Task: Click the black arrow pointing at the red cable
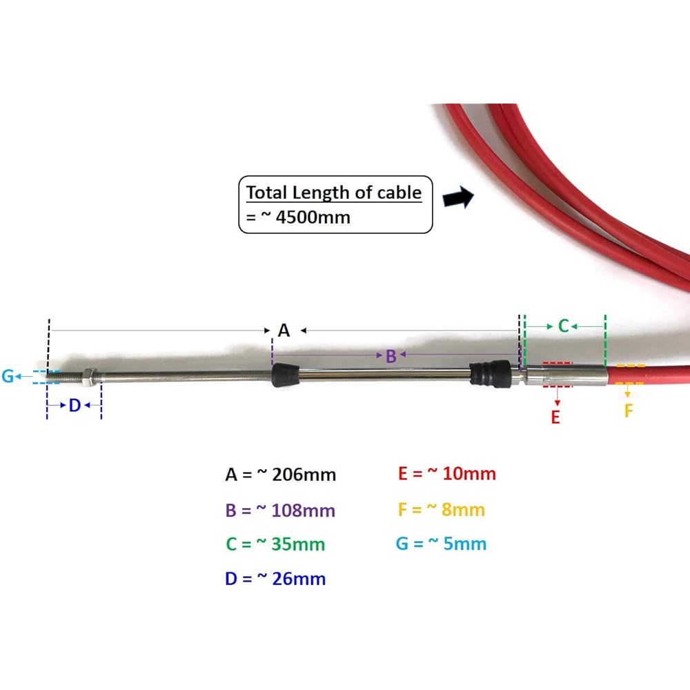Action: [x=459, y=198]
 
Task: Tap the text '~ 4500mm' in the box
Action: [x=306, y=217]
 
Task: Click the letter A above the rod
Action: [x=284, y=331]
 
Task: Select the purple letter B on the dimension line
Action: [x=391, y=356]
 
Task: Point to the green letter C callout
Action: [x=563, y=326]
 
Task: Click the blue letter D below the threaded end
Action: [x=75, y=405]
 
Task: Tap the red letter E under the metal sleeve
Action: [x=555, y=417]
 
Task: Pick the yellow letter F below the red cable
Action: [x=629, y=411]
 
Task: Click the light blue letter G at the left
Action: [x=8, y=376]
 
